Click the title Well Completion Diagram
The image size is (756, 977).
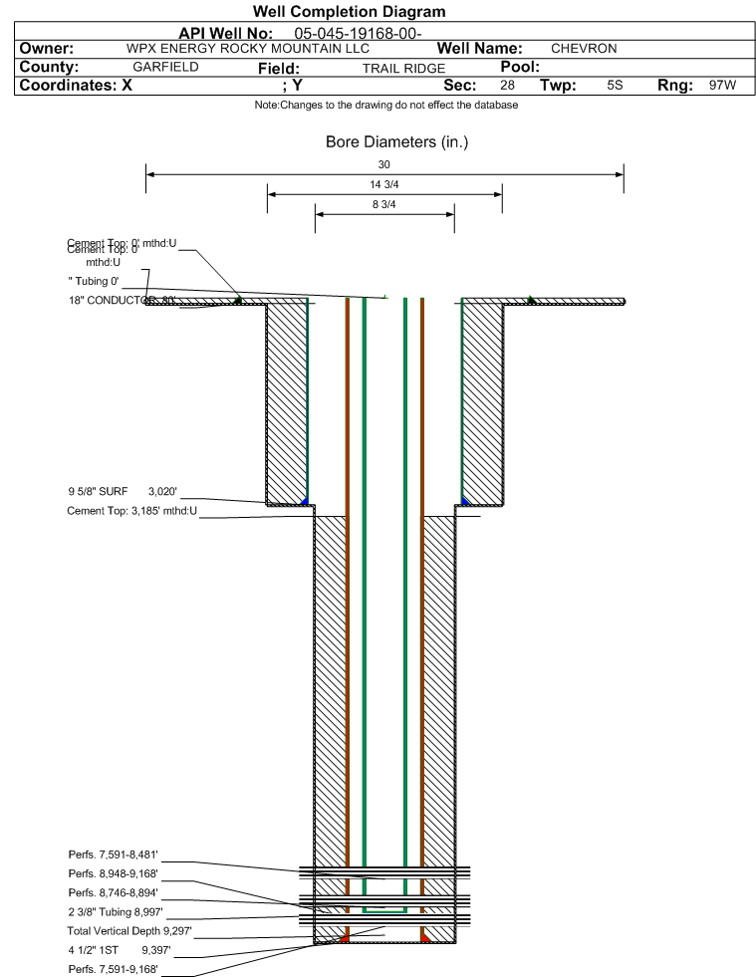[x=350, y=12]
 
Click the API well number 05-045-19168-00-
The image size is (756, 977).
[x=359, y=34]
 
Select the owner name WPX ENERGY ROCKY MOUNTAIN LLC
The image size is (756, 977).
[x=248, y=49]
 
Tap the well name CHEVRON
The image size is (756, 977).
[x=584, y=49]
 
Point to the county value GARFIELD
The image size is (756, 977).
[x=165, y=67]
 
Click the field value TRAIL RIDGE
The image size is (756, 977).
[x=403, y=69]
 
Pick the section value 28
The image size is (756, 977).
[x=507, y=86]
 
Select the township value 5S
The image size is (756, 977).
[x=615, y=86]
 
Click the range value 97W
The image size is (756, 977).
[x=722, y=86]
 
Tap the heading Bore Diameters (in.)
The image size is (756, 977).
[x=396, y=142]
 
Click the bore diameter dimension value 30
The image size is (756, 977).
[x=384, y=164]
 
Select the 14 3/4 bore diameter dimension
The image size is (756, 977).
[x=384, y=184]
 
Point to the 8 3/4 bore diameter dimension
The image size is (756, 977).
[x=384, y=204]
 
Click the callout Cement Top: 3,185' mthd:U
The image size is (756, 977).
[x=132, y=512]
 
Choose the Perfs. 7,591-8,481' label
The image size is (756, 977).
[x=114, y=855]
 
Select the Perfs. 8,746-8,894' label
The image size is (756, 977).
[x=114, y=892]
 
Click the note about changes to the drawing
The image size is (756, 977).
[x=386, y=105]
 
